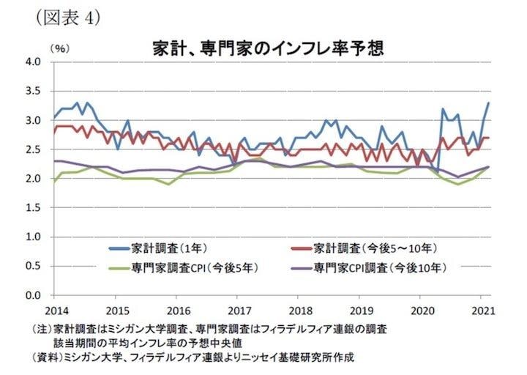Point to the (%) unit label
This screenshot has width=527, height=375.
(x=59, y=48)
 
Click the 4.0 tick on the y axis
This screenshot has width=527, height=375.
(x=34, y=62)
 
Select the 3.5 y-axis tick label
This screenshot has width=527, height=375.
(x=34, y=91)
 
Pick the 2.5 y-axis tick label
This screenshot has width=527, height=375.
(x=34, y=149)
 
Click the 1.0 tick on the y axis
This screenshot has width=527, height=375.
(x=34, y=237)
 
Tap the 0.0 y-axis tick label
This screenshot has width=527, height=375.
(x=34, y=296)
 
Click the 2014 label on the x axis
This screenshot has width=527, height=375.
(x=53, y=309)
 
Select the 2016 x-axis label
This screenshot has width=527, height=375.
(x=177, y=309)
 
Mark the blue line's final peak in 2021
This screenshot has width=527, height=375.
(x=488, y=103)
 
